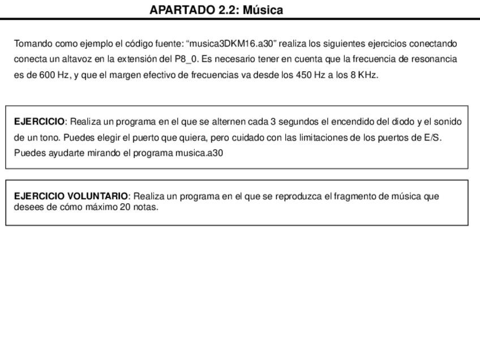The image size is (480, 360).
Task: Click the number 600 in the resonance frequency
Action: pos(46,75)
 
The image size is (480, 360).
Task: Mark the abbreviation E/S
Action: pos(432,138)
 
